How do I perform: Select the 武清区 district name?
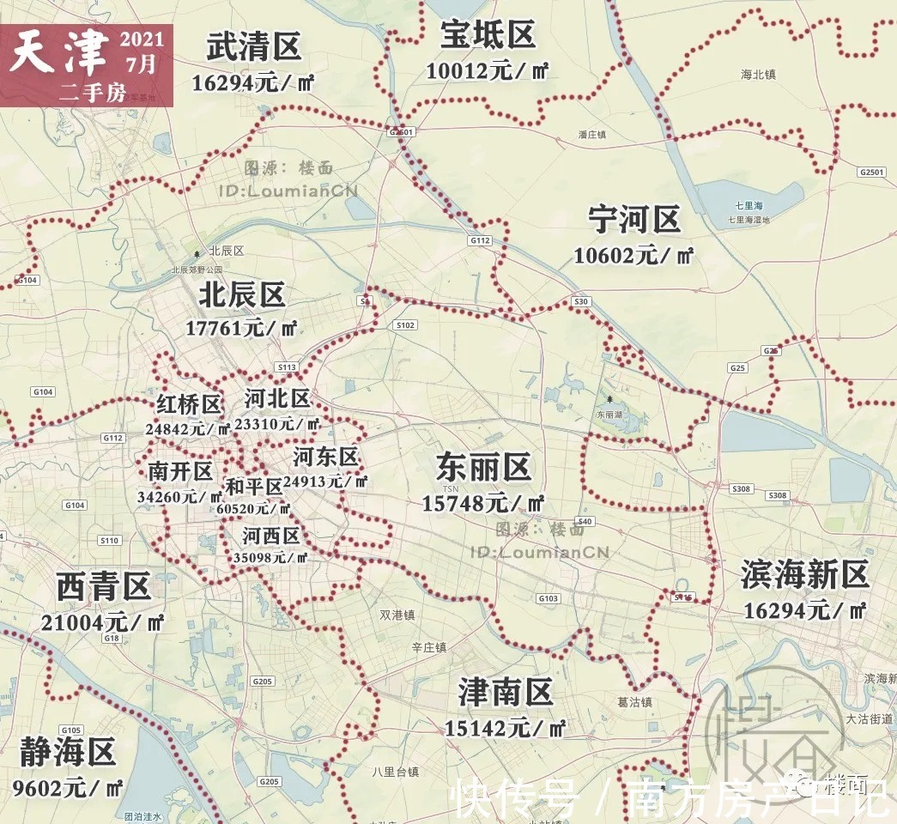pyautogui.click(x=254, y=48)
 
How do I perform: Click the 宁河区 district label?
pyautogui.click(x=634, y=220)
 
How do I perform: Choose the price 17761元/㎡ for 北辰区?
pyautogui.click(x=241, y=328)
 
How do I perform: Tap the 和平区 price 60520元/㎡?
pyautogui.click(x=254, y=508)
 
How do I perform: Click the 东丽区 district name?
pyautogui.click(x=484, y=468)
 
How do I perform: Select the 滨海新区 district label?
pyautogui.click(x=805, y=575)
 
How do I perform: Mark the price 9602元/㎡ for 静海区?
pyautogui.click(x=68, y=787)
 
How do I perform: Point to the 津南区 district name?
pyautogui.click(x=505, y=693)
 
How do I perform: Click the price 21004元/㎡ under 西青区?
pyautogui.click(x=102, y=621)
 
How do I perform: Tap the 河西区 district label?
pyautogui.click(x=270, y=536)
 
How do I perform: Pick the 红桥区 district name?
pyautogui.click(x=189, y=403)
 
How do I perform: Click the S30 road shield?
pyautogui.click(x=581, y=301)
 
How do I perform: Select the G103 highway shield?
pyautogui.click(x=548, y=598)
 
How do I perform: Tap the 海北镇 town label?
pyautogui.click(x=758, y=75)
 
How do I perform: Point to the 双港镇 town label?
pyautogui.click(x=397, y=615)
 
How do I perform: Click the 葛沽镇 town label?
pyautogui.click(x=634, y=702)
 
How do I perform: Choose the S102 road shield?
pyautogui.click(x=405, y=325)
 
